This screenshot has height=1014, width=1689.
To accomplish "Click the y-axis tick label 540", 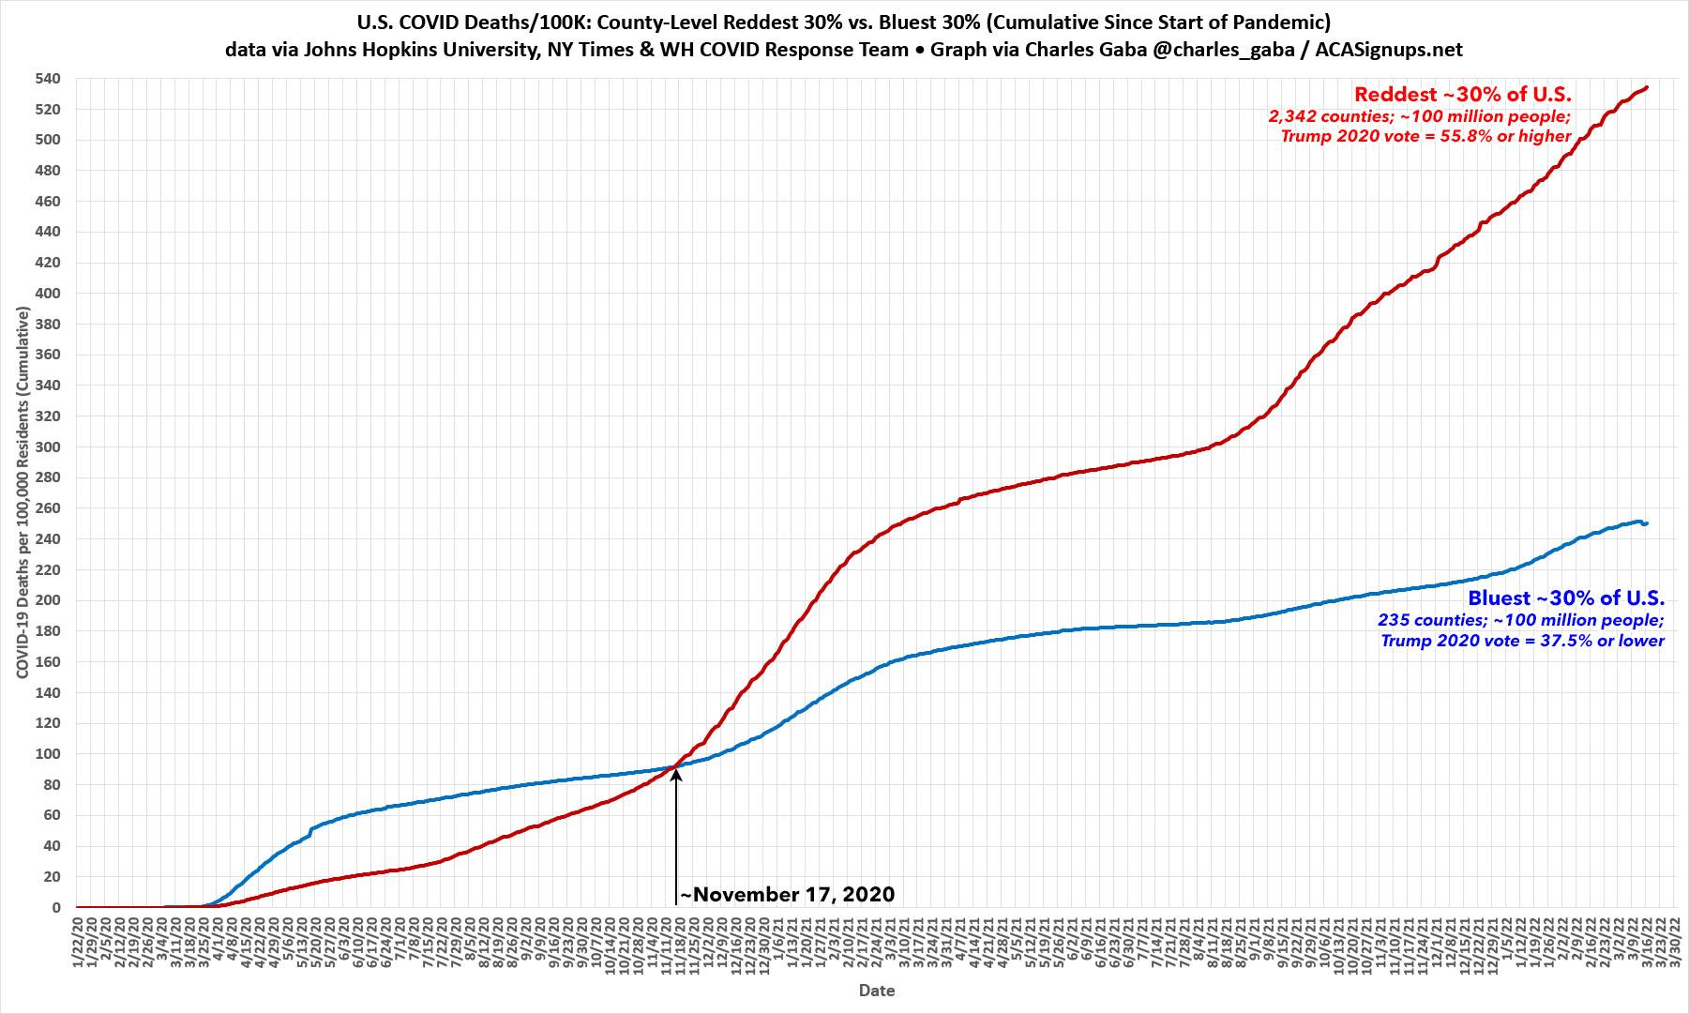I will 47,79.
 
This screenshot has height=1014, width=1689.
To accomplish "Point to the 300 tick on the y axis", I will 47,446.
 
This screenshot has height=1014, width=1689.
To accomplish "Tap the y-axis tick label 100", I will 47,754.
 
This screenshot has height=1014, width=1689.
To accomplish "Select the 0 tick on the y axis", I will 55,908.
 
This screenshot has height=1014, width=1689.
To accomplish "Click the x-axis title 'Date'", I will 876,991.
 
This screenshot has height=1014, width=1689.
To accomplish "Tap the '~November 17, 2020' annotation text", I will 788,895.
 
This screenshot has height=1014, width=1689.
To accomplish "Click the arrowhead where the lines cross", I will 675,775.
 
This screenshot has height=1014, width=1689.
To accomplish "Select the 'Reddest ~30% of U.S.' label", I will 1462,94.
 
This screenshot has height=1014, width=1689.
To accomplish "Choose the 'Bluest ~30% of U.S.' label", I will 1566,598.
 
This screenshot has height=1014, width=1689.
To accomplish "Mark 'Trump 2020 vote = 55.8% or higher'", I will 1425,137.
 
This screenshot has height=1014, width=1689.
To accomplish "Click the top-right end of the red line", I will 1647,87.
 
